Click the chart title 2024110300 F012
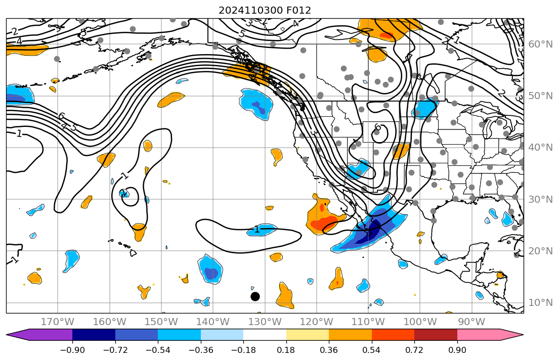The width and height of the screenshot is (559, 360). (x=265, y=11)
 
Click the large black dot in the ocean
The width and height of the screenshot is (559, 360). (x=255, y=296)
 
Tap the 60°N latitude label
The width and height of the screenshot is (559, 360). (x=540, y=44)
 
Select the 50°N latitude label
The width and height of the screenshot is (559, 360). (x=540, y=96)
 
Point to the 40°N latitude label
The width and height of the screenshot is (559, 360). (x=540, y=148)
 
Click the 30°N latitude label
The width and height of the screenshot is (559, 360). (x=540, y=199)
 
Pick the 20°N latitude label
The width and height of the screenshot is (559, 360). (x=540, y=251)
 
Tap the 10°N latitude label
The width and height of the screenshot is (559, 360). (x=540, y=303)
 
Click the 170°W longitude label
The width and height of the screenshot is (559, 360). (x=58, y=322)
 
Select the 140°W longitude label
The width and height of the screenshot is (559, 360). (x=213, y=322)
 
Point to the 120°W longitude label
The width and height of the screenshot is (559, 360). (x=317, y=322)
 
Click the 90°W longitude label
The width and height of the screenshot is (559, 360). (x=471, y=322)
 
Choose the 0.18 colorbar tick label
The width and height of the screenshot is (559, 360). (x=286, y=350)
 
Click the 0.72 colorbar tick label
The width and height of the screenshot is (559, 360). (x=414, y=350)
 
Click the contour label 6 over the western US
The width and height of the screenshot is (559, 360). (x=377, y=127)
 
